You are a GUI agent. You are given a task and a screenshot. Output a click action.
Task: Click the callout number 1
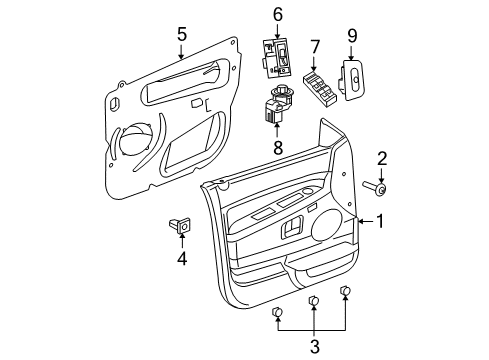point(378,223)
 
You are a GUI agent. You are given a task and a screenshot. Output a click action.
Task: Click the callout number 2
point(381,158)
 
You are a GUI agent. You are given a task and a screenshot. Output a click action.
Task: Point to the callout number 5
point(181,34)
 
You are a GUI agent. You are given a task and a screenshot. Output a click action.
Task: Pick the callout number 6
point(277,14)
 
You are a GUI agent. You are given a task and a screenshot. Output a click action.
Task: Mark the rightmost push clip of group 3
point(346,292)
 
